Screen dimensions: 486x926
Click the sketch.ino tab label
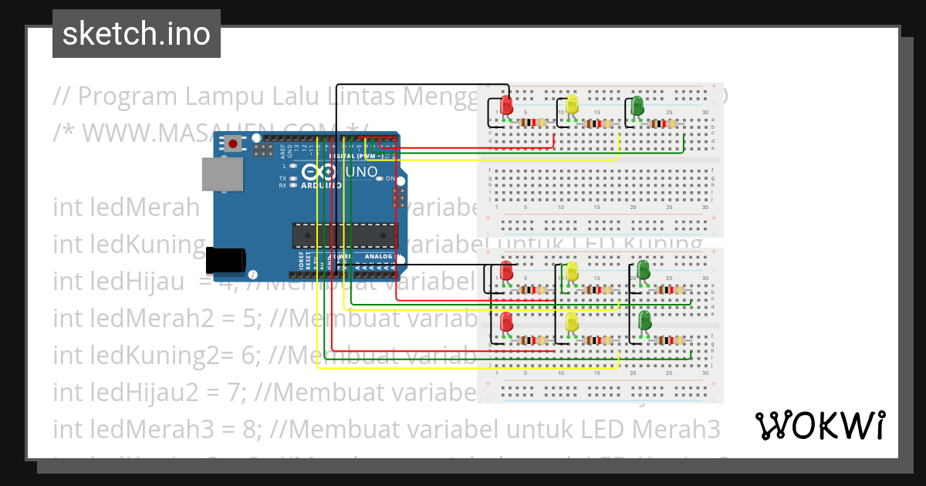click(137, 34)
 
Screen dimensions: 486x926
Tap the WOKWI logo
click(820, 425)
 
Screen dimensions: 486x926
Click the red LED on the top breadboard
click(506, 106)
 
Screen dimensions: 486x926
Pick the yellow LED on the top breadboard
click(572, 105)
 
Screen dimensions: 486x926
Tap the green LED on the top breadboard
click(637, 106)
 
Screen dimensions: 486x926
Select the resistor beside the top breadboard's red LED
click(533, 123)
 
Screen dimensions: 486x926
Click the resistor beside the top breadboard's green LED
click(662, 123)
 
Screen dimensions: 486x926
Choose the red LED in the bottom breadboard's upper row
click(506, 272)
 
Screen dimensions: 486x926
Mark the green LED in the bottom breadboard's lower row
click(643, 322)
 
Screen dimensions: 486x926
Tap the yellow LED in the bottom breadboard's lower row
click(573, 322)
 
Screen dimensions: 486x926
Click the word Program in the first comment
click(127, 96)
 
